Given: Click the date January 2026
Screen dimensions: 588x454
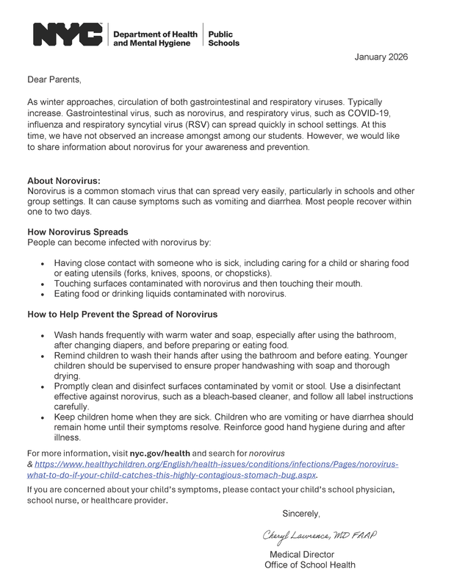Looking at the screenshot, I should coord(381,57).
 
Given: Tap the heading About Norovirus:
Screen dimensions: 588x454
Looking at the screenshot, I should coord(64,181).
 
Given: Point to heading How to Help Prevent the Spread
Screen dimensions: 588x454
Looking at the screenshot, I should coord(122,315).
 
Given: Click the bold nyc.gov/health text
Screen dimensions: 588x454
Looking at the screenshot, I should coord(160,453).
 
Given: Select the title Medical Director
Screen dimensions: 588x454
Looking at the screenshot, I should coord(302,554).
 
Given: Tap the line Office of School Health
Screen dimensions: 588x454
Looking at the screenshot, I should coord(309,565).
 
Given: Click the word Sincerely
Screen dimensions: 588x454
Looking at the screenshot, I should coord(300,513).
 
